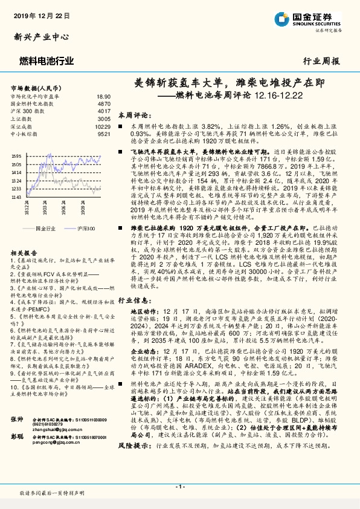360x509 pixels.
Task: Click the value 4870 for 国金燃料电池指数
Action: tap(103, 104)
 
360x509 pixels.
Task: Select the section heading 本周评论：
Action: tap(133, 113)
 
